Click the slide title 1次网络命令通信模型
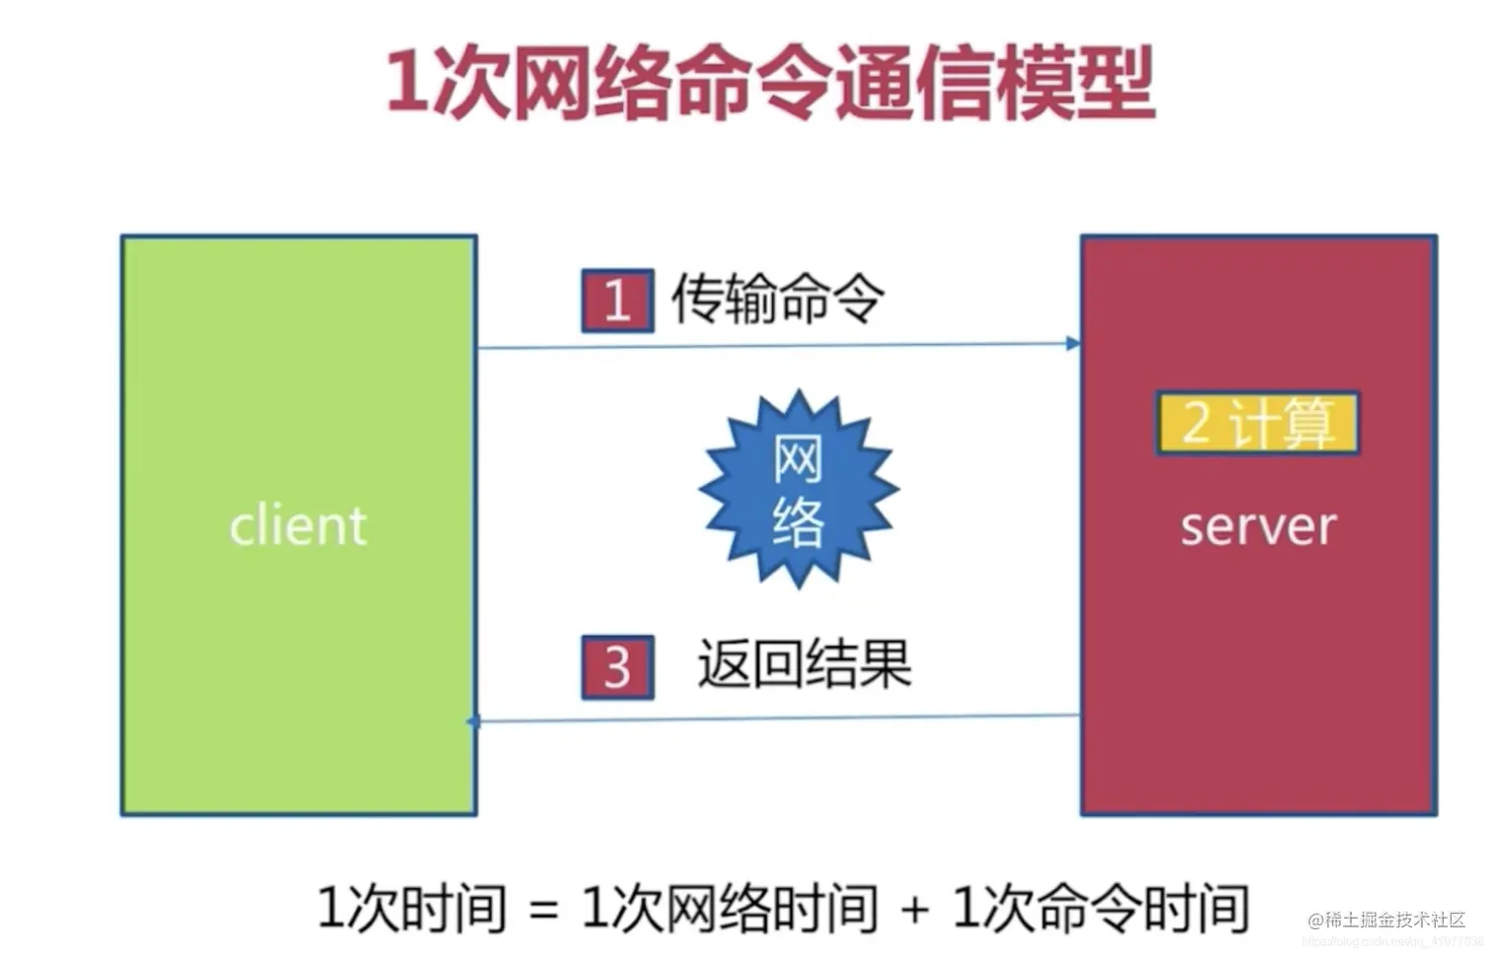click(x=769, y=83)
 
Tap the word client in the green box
click(x=298, y=525)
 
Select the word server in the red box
click(x=1258, y=526)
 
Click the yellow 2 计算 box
click(x=1257, y=424)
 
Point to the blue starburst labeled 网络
click(x=798, y=490)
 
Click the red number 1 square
click(x=617, y=300)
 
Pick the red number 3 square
click(x=617, y=667)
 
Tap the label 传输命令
click(x=777, y=298)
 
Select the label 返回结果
click(x=804, y=664)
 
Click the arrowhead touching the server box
click(x=1073, y=343)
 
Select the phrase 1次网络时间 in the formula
click(x=729, y=908)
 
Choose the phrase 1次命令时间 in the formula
click(x=1100, y=908)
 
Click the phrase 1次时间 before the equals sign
click(x=411, y=908)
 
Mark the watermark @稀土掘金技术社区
click(x=1386, y=921)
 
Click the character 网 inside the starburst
click(x=798, y=459)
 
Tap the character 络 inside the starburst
click(x=798, y=520)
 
